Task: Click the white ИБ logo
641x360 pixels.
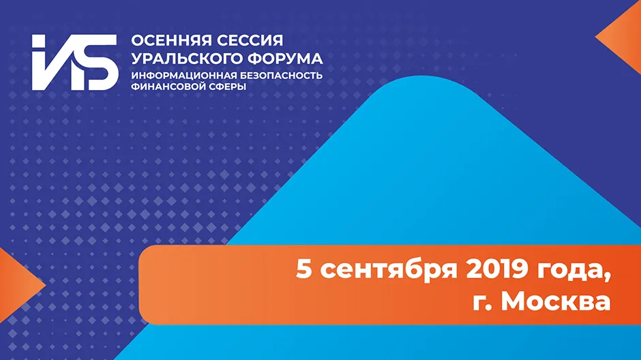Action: pyautogui.click(x=75, y=62)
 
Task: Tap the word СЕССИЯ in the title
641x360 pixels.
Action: pyautogui.click(x=250, y=40)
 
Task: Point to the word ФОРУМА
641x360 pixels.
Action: pyautogui.click(x=285, y=59)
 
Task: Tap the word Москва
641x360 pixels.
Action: pyautogui.click(x=556, y=302)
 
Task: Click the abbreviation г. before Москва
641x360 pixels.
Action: pyautogui.click(x=482, y=304)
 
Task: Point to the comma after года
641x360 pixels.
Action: pyautogui.click(x=607, y=279)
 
